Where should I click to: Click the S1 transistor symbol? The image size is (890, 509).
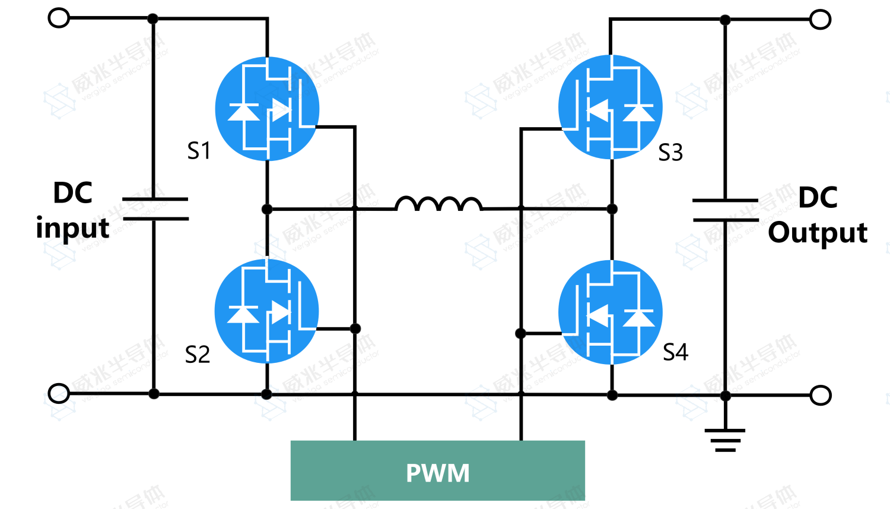(x=267, y=109)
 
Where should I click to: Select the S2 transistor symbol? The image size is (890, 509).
(x=267, y=311)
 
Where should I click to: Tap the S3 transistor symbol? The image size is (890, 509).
(x=611, y=107)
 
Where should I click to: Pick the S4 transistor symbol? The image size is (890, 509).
(x=611, y=312)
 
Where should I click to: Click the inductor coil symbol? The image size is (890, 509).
(x=438, y=204)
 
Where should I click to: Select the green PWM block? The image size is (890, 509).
(x=438, y=471)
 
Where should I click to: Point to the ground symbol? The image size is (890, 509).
(x=725, y=440)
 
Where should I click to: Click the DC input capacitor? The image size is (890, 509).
(x=154, y=209)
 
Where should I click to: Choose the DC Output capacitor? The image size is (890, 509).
(x=725, y=210)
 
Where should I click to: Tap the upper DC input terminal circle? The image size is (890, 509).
(x=59, y=18)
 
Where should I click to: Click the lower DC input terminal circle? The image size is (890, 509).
(x=59, y=393)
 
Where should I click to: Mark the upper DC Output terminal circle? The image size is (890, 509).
(x=820, y=20)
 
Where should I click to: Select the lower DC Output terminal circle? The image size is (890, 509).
(x=820, y=395)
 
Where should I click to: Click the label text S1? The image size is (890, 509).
(x=199, y=151)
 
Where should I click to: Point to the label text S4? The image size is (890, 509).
(x=675, y=352)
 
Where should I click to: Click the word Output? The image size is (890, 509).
(x=818, y=233)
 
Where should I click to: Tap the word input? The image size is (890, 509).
(x=72, y=229)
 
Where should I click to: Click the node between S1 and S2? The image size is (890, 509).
(x=267, y=209)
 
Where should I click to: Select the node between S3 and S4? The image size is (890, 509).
(x=612, y=209)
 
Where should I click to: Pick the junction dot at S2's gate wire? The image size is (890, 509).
(x=355, y=328)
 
